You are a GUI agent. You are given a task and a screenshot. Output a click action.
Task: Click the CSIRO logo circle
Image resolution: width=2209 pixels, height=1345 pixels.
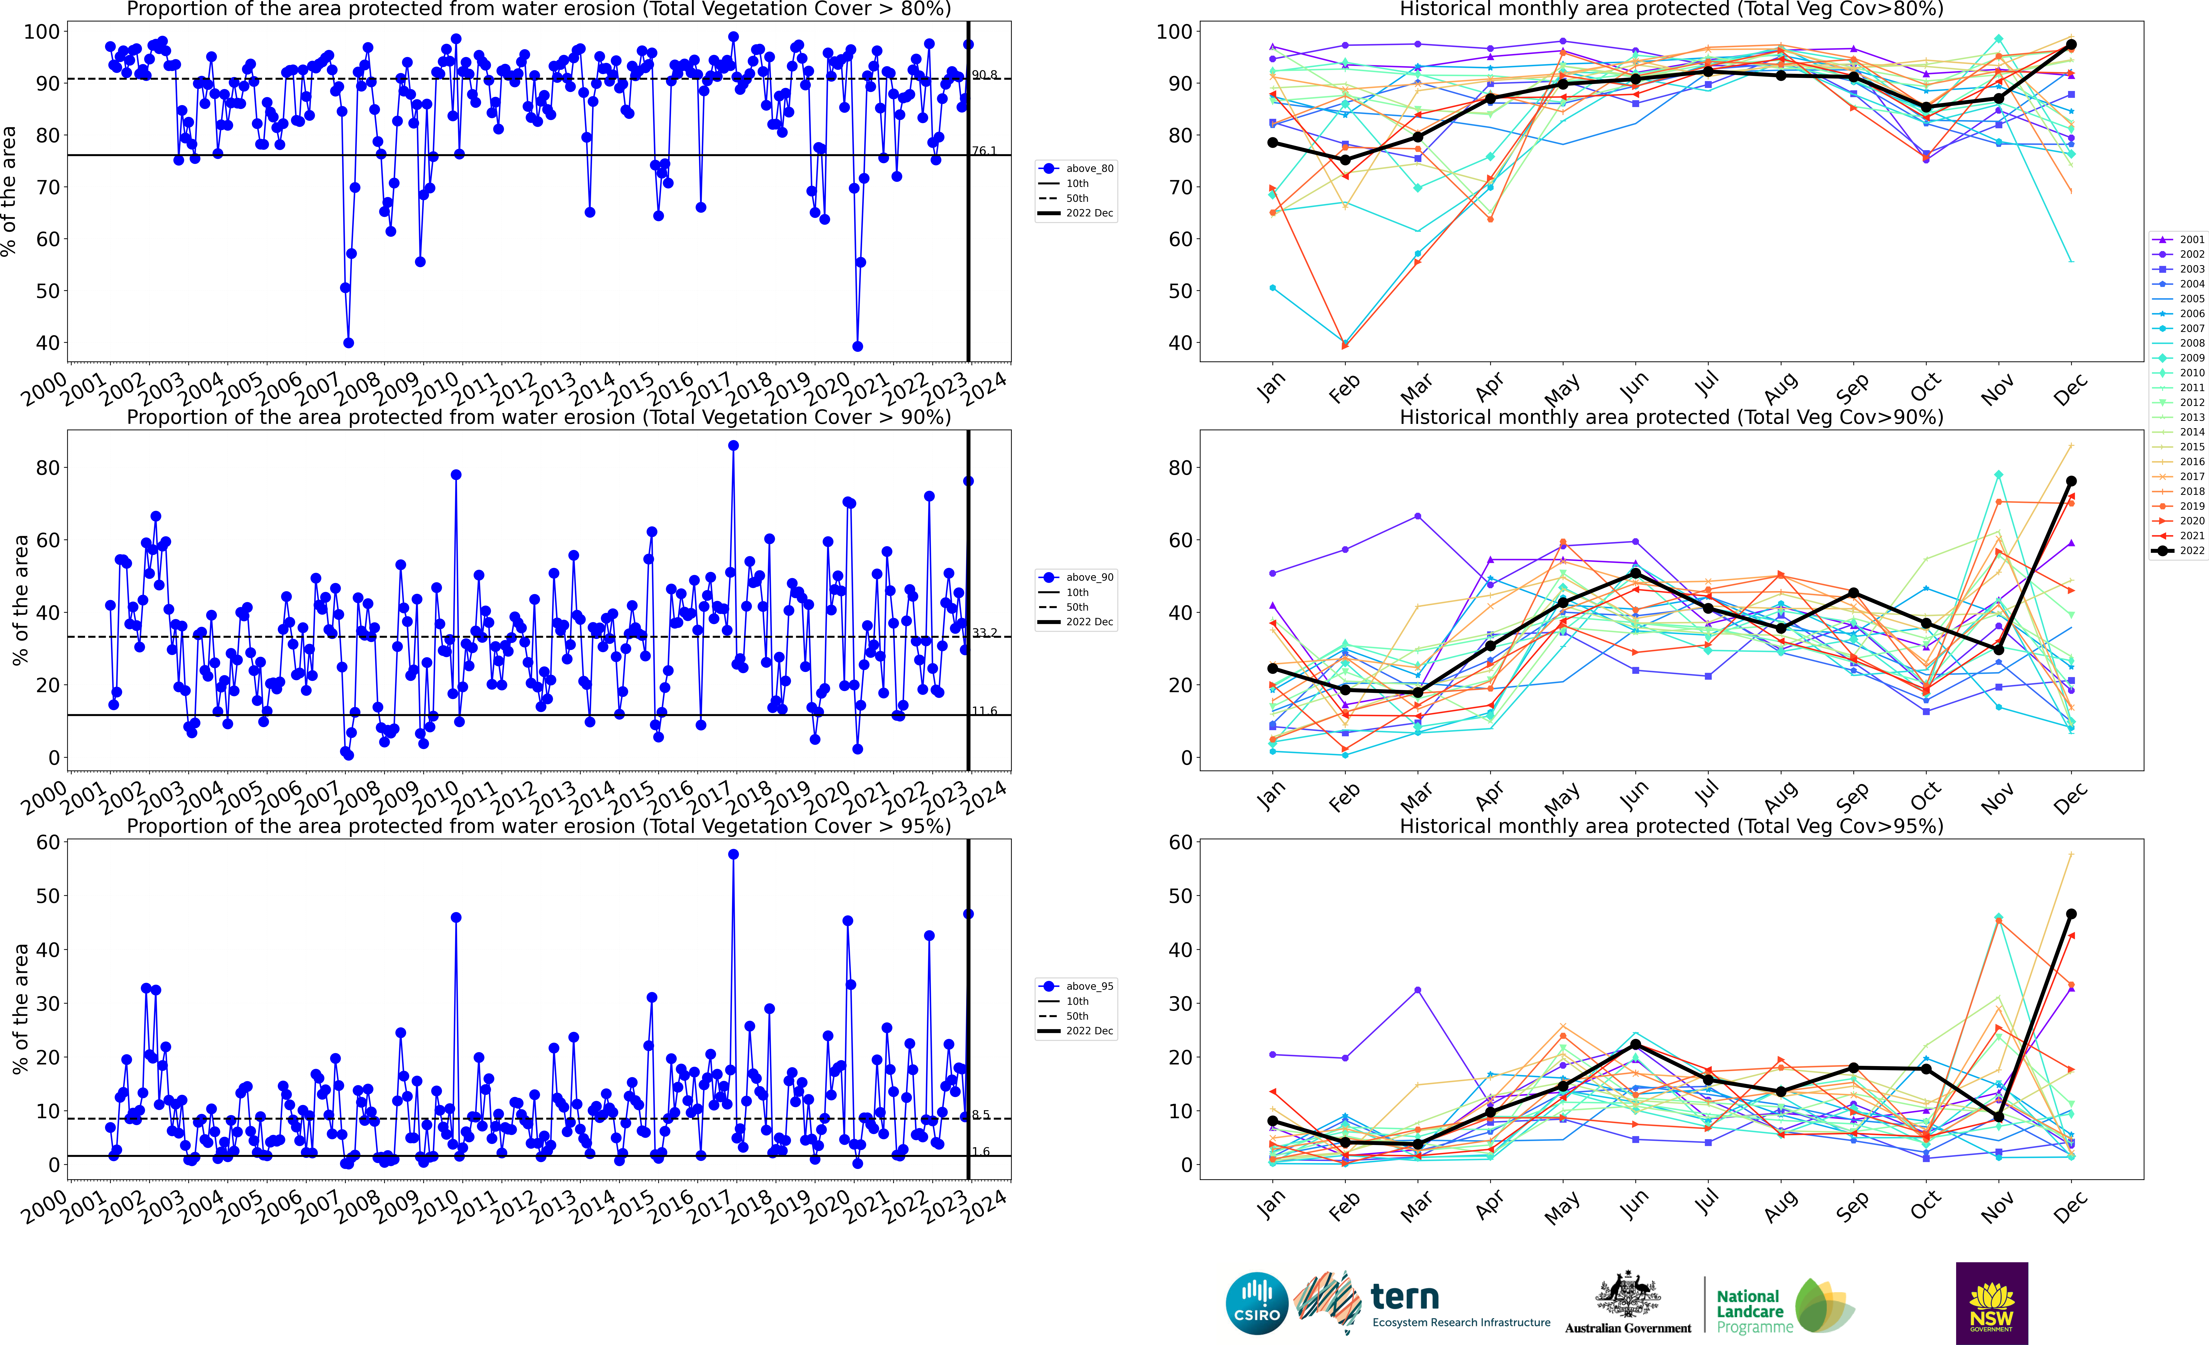pos(1257,1303)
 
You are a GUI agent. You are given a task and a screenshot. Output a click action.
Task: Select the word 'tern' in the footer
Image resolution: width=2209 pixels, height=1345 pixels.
pos(1405,1297)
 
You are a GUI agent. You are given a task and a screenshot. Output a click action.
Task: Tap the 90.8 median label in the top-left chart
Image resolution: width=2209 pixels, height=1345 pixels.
pos(984,74)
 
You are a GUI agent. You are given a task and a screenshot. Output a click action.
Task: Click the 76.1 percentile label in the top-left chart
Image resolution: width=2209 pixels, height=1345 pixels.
pos(984,151)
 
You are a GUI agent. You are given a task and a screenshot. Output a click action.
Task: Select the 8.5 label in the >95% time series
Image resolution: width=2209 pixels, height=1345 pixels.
pos(981,1115)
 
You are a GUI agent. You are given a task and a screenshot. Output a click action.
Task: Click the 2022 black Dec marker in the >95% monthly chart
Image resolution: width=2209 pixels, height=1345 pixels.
pos(2071,914)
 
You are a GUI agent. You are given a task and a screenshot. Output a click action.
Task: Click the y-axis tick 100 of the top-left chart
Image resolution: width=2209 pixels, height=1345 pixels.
pos(41,31)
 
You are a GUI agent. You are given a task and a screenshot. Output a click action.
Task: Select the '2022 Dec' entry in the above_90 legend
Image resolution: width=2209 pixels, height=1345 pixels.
pos(1089,621)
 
